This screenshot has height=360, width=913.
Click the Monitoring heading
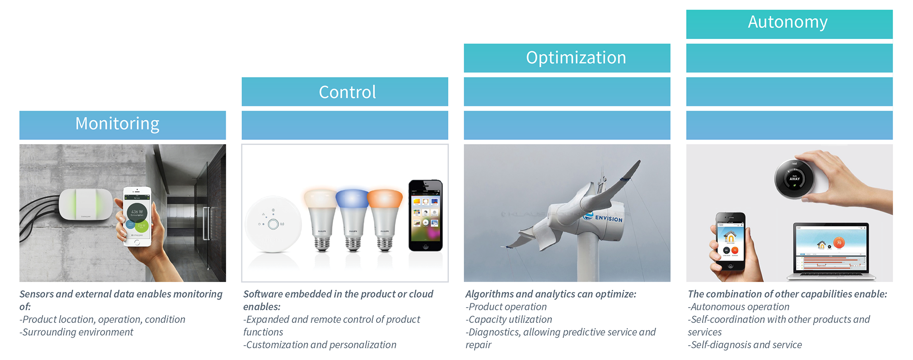[x=117, y=124]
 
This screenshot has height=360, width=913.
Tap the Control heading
[x=347, y=92]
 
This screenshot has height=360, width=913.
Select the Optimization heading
[x=576, y=58]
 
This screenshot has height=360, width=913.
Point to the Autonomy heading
[x=787, y=22]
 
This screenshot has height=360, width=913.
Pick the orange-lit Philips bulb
[x=385, y=219]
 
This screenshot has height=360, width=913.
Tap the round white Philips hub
[x=273, y=224]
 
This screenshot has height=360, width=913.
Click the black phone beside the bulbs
[x=426, y=215]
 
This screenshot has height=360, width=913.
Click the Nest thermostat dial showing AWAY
[x=795, y=179]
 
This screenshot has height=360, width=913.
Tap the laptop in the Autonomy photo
[x=831, y=252]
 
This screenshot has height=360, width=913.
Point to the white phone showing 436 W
[x=137, y=216]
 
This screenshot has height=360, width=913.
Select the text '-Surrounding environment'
[x=77, y=332]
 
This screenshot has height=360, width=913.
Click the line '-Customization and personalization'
[x=320, y=345]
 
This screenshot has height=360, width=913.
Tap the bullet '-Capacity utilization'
[x=509, y=320]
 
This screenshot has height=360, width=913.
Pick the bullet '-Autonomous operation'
[x=738, y=307]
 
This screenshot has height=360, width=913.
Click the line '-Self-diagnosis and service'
[x=745, y=345]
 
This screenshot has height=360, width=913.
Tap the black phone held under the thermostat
[x=730, y=241]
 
